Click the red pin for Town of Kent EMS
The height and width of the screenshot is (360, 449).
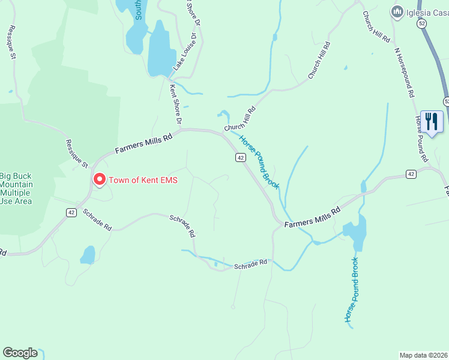[x=99, y=179]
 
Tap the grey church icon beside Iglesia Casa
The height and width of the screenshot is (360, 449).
[x=396, y=11]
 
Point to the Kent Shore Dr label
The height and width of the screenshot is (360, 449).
[x=175, y=105]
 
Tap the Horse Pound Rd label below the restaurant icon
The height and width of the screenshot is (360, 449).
[x=421, y=139]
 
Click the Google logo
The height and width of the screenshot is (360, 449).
[x=20, y=353]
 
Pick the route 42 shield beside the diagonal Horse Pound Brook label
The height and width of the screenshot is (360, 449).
[x=240, y=157]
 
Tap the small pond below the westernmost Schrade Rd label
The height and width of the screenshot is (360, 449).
[x=88, y=254]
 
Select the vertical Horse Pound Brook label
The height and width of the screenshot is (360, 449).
[x=351, y=290]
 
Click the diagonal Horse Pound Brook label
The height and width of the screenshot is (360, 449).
[x=259, y=162]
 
